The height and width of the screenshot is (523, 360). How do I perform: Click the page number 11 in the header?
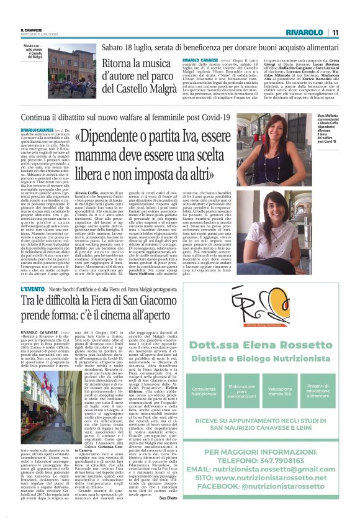[x=335, y=31]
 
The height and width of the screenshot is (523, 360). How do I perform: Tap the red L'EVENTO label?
[x=35, y=289]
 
